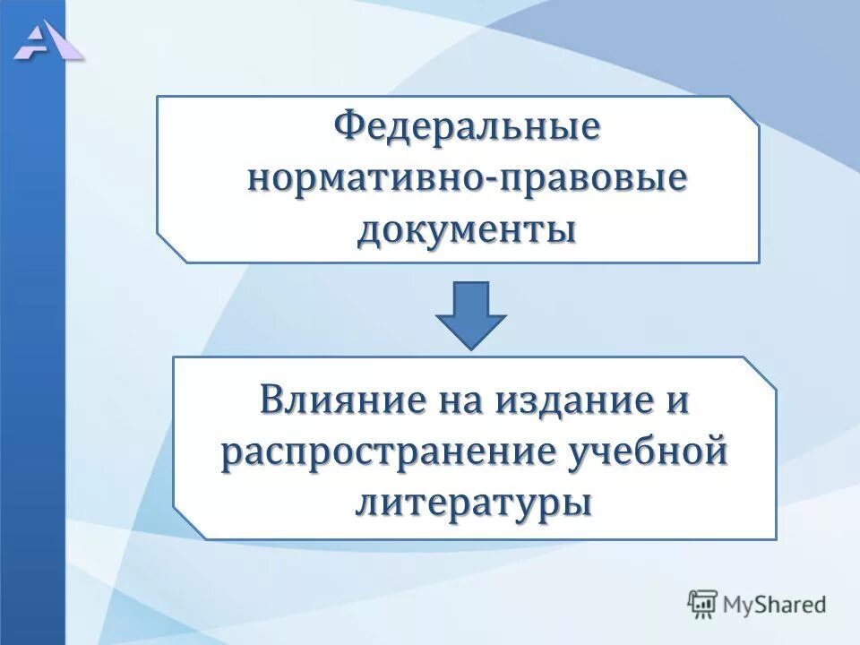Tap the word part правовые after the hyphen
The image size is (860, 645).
click(592, 178)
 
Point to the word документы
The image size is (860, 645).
click(467, 230)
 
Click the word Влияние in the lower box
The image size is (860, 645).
click(336, 400)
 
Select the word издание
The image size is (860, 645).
click(563, 400)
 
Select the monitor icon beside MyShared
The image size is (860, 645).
click(703, 605)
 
